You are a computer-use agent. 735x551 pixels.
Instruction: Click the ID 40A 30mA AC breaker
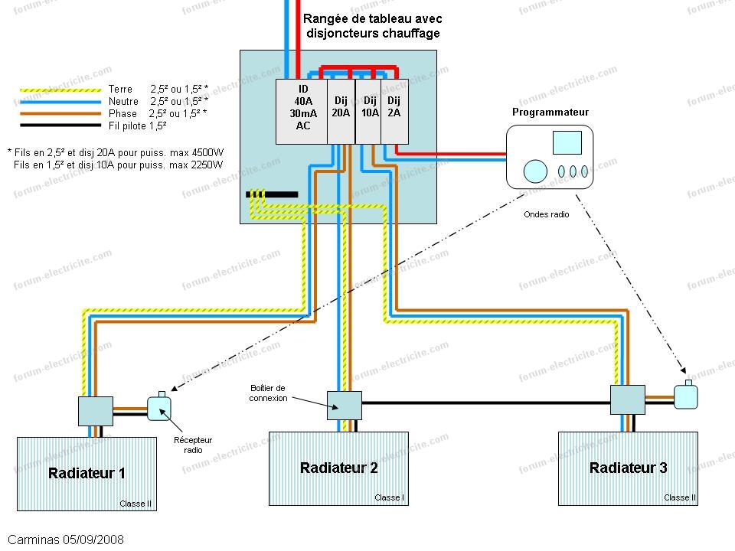(302, 112)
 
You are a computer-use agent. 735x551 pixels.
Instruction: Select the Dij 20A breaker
(341, 112)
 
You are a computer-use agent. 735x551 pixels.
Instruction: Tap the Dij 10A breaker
(368, 112)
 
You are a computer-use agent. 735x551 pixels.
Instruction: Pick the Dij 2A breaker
(395, 112)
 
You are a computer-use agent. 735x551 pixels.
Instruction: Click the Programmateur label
(550, 112)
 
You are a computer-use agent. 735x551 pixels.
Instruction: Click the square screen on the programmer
(567, 142)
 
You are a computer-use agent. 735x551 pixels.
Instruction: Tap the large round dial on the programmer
(535, 171)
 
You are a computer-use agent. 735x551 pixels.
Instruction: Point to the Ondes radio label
(547, 214)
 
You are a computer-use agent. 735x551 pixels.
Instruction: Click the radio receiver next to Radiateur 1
(159, 407)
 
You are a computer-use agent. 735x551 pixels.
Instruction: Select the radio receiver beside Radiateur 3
(686, 395)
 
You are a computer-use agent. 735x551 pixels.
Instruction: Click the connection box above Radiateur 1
(96, 411)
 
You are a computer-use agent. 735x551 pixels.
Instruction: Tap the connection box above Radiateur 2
(345, 406)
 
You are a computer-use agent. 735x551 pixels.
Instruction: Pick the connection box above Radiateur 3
(628, 399)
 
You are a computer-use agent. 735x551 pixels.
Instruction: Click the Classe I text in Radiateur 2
(390, 497)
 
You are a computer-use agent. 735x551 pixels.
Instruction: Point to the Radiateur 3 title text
(628, 468)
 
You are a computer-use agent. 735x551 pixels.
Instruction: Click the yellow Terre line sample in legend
(60, 90)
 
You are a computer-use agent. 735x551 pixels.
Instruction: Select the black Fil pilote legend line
(60, 125)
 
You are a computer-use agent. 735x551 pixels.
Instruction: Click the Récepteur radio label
(193, 445)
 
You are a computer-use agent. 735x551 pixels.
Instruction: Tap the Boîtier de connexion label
(268, 393)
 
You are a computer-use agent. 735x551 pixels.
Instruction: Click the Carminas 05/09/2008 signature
(66, 540)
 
